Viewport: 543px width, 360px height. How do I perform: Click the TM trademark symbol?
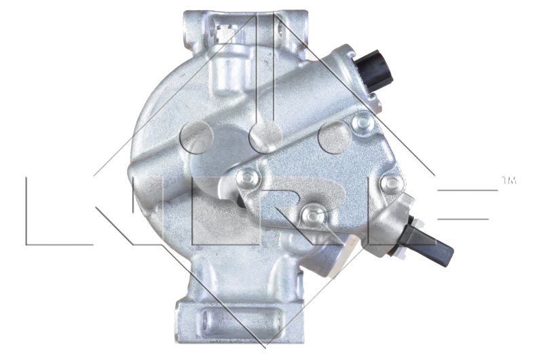(509, 180)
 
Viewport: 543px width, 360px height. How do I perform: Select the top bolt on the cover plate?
(362, 122)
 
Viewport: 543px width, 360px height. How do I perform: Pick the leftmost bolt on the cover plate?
(247, 177)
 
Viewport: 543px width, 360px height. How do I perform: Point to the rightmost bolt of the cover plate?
(392, 182)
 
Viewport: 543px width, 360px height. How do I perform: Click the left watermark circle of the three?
(197, 138)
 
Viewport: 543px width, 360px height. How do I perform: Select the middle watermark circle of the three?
(265, 138)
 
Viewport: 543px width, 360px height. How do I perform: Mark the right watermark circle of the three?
(335, 138)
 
